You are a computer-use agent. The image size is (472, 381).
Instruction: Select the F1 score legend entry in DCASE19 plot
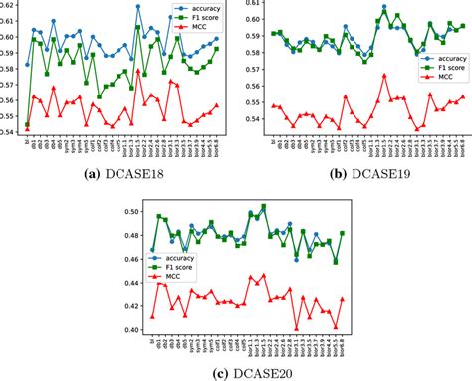[x=439, y=69]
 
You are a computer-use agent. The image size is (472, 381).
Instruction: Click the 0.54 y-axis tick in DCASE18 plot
[x=9, y=132]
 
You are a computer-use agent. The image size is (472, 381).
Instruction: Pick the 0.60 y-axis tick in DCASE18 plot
[x=9, y=38]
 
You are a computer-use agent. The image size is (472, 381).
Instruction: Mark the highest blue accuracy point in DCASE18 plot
[x=137, y=7]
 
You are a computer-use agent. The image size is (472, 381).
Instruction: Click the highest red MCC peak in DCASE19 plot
[x=384, y=74]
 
